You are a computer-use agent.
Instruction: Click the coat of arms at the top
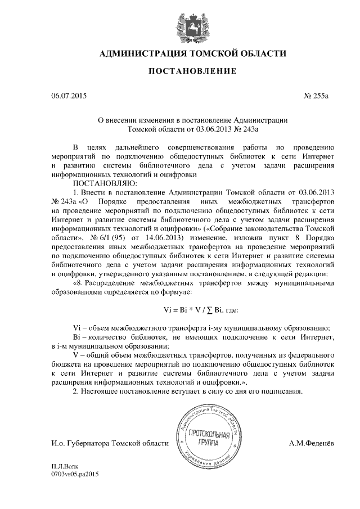click(192, 27)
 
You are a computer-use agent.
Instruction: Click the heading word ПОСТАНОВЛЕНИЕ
click(192, 71)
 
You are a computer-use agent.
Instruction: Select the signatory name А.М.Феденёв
click(311, 444)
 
